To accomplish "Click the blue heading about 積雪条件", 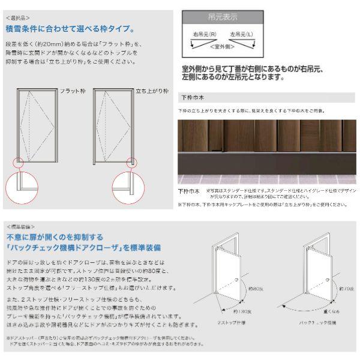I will [x=70, y=28].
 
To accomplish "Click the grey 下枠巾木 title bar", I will [x=266, y=98].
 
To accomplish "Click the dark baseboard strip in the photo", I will [x=266, y=163].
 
